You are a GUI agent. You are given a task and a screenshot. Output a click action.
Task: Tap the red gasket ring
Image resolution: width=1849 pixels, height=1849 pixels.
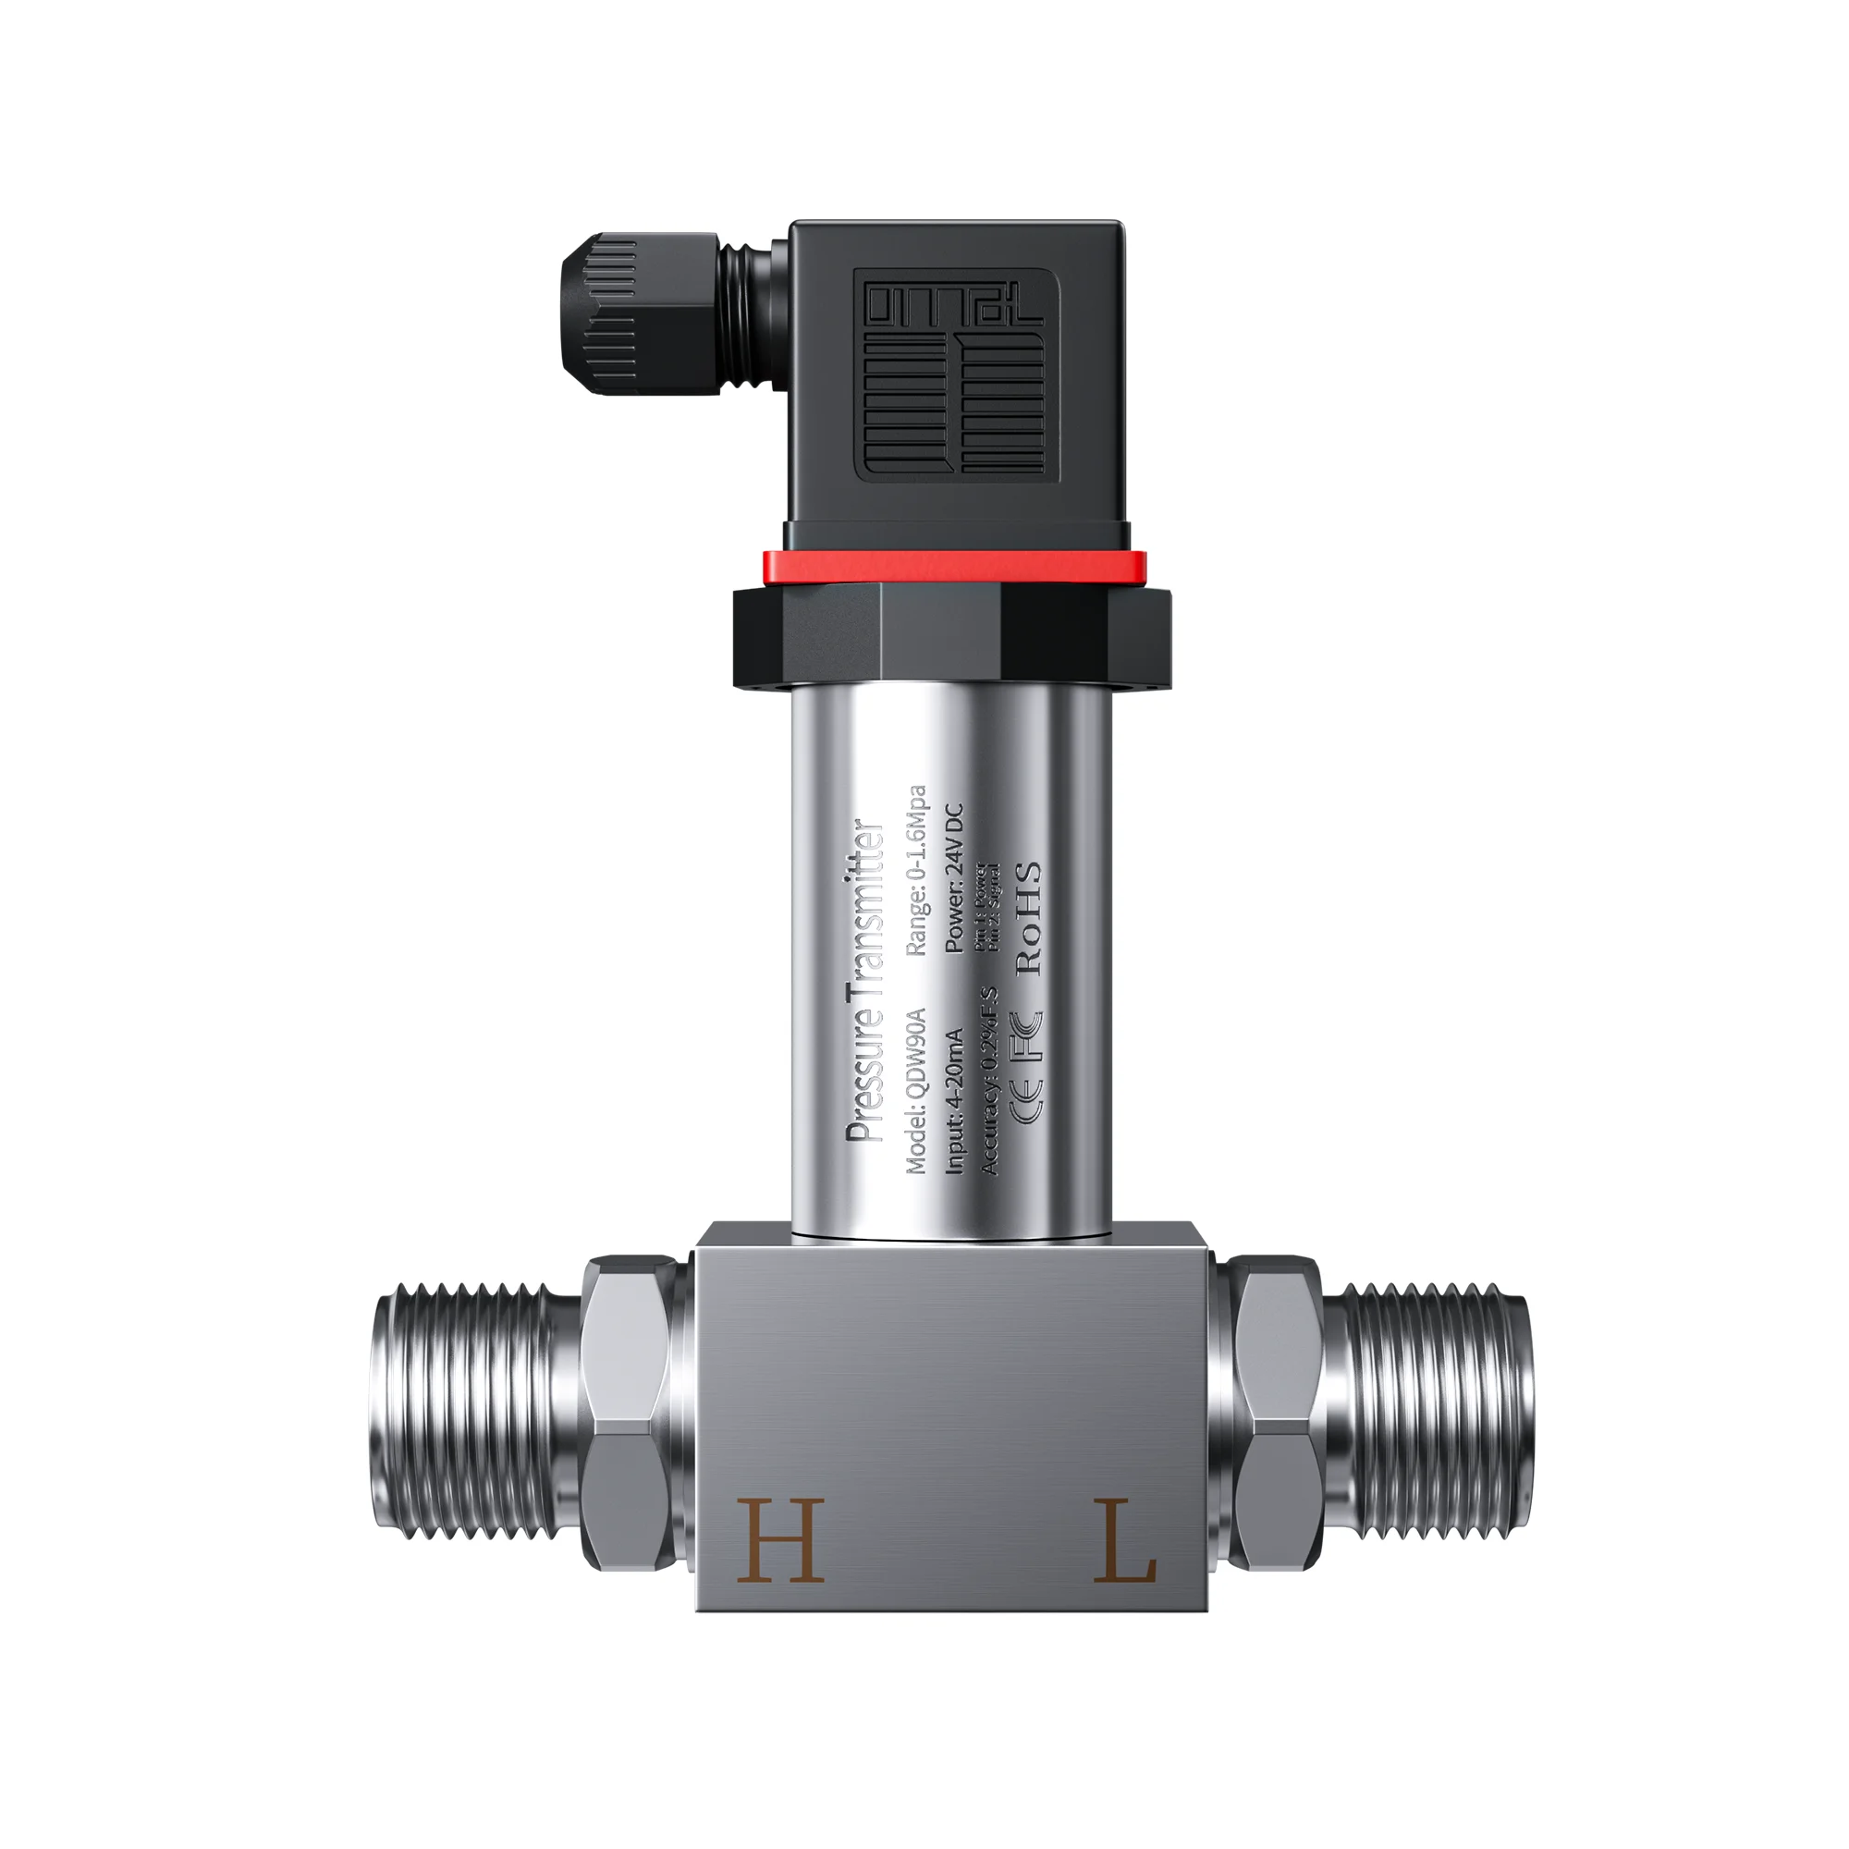(953, 567)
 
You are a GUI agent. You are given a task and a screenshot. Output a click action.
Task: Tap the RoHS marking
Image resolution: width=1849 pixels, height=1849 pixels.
(1028, 918)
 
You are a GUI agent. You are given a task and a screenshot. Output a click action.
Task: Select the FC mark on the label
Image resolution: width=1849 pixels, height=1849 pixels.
(1028, 1038)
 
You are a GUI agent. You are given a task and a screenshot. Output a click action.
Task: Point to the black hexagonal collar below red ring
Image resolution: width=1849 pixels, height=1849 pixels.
(951, 633)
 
